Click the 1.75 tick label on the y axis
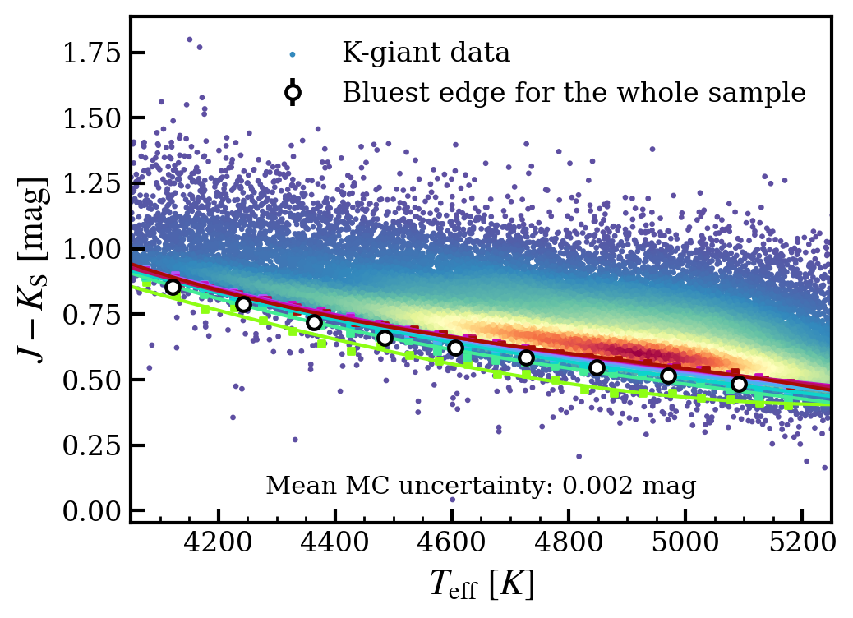pos(92,53)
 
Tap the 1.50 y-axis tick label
pos(92,118)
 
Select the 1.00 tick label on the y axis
pos(92,249)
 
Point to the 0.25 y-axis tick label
pos(92,445)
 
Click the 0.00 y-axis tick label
pos(92,511)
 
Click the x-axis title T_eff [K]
pos(482,584)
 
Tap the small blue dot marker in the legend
pos(293,55)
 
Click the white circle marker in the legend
pos(293,93)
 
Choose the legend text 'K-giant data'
pos(426,54)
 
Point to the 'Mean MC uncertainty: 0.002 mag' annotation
pos(481,487)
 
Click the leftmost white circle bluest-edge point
pos(173,287)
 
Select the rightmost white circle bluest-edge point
pos(739,384)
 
